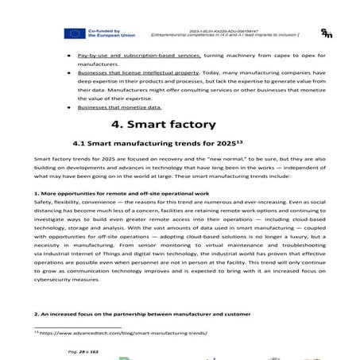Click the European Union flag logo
[75, 33]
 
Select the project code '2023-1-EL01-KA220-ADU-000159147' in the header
[234, 29]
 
